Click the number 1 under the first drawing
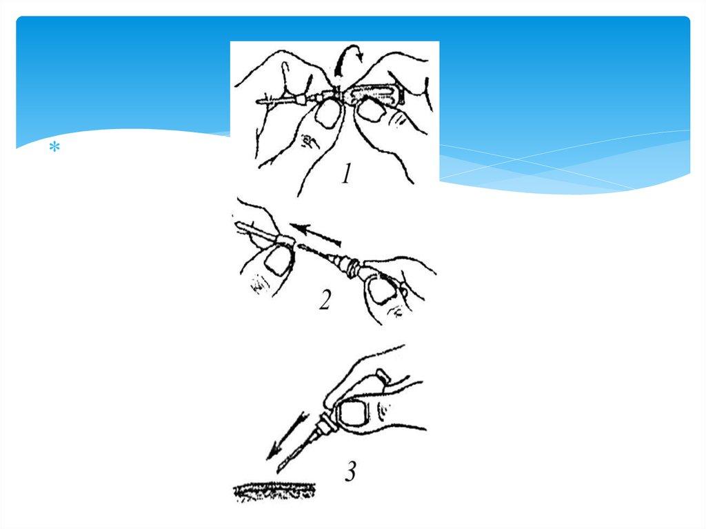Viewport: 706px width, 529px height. pos(346,174)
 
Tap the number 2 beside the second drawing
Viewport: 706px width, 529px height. pos(325,301)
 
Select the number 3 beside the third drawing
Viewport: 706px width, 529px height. pos(351,472)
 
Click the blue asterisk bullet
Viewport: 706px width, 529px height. pos(54,148)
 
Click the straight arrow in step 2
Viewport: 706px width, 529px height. pos(315,234)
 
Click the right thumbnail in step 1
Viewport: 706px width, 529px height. pos(370,110)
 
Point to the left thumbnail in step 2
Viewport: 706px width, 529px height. pos(276,262)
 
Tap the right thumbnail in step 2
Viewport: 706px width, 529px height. pos(381,289)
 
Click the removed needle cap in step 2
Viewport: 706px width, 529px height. pos(264,233)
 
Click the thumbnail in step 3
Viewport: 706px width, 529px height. pos(353,415)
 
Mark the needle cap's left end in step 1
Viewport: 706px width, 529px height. pos(256,102)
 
